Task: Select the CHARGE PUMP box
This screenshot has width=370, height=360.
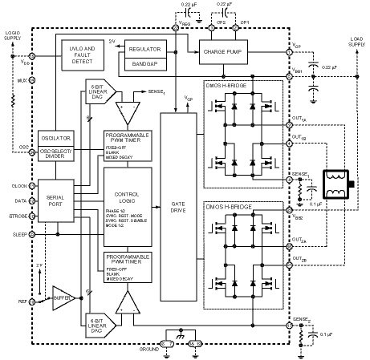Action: (226, 52)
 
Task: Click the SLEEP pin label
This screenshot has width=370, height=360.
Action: (18, 235)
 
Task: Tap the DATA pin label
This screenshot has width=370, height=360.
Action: (18, 200)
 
